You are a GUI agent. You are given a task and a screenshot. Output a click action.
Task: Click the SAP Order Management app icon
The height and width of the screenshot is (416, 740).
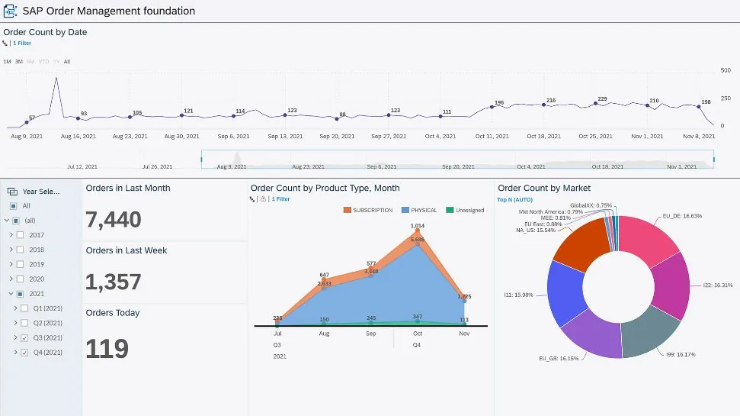(x=11, y=11)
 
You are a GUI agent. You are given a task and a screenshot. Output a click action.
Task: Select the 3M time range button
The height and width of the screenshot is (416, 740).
(x=19, y=61)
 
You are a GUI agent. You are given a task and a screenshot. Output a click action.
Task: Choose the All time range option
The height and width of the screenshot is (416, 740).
(x=67, y=61)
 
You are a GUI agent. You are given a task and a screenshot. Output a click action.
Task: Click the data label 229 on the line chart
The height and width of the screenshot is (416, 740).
(x=602, y=99)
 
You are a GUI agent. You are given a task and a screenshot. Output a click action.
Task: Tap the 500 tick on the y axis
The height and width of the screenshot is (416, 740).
(x=726, y=70)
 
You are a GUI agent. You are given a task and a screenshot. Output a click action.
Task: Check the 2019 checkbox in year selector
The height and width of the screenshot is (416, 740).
(x=21, y=264)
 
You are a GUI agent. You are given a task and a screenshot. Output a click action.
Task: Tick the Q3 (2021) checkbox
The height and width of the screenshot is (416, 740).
(x=25, y=337)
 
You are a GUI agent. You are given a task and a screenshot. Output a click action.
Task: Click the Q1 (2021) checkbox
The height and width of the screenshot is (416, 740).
(x=25, y=308)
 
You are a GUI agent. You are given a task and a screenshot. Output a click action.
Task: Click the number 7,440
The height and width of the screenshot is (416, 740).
(x=114, y=220)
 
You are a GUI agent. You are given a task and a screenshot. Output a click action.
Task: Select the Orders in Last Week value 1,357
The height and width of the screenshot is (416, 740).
(x=114, y=282)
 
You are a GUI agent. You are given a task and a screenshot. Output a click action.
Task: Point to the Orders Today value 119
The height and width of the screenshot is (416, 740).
(x=107, y=348)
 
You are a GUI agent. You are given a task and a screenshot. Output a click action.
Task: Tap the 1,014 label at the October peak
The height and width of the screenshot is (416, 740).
(x=417, y=226)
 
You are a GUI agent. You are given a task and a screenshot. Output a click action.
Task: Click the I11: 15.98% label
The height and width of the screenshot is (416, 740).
(x=519, y=293)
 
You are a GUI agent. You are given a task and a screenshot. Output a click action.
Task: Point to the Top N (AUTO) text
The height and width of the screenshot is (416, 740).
(x=515, y=199)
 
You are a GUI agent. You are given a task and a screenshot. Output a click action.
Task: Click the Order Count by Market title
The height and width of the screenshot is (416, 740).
(x=544, y=188)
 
